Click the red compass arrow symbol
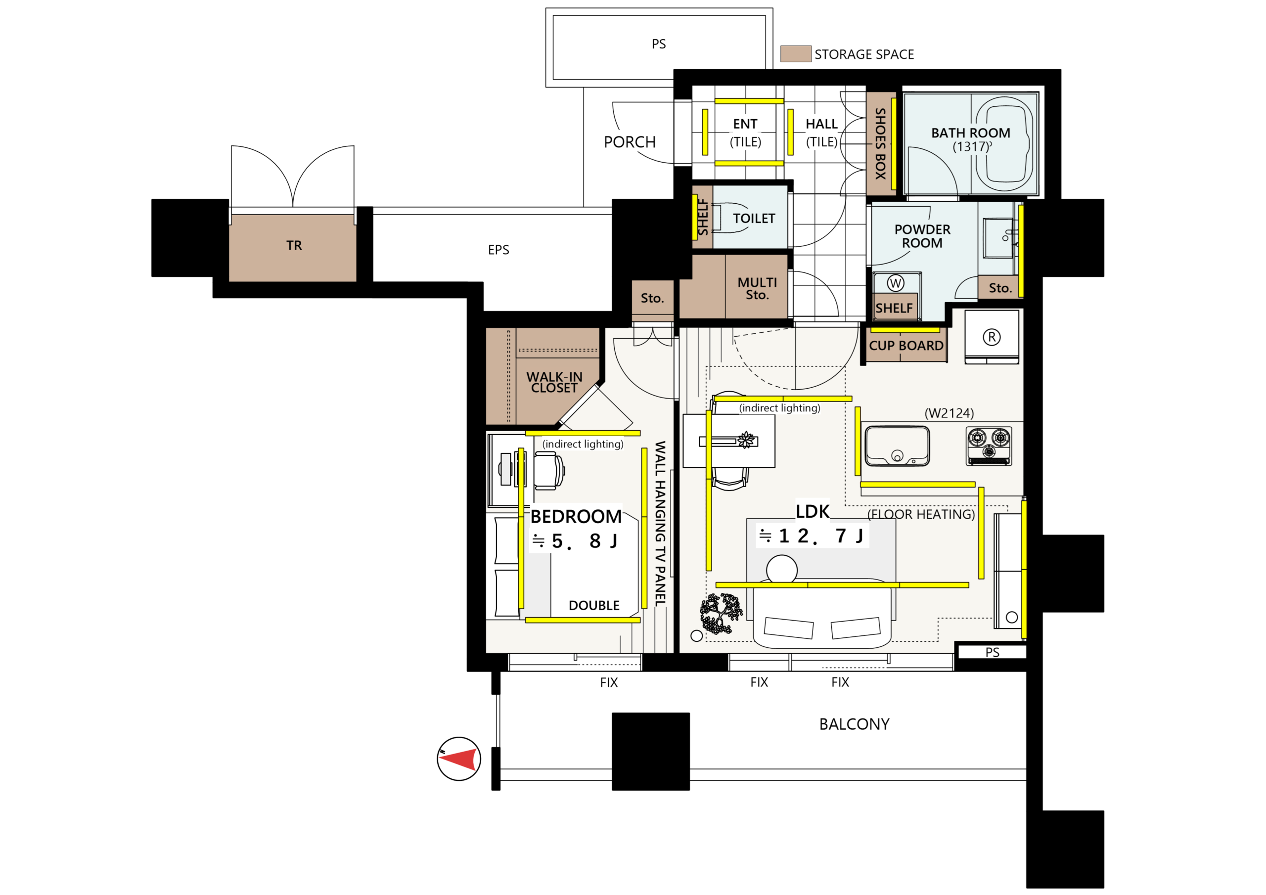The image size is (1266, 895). click(457, 759)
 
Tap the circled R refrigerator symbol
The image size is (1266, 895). click(992, 337)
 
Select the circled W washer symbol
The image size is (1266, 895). click(896, 283)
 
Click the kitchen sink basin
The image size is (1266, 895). click(897, 445)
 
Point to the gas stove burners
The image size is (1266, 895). click(989, 446)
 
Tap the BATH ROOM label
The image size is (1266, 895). click(970, 133)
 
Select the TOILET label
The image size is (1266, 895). click(754, 219)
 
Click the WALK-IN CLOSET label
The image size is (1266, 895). click(554, 382)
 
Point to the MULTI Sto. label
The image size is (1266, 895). click(757, 288)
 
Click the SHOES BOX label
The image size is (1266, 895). click(880, 143)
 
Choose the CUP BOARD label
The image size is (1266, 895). click(906, 346)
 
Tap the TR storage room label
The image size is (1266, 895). click(294, 245)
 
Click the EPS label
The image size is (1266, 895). click(498, 250)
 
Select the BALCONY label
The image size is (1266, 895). click(854, 724)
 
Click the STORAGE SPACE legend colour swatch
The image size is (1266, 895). click(796, 53)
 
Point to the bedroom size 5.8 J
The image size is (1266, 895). click(575, 541)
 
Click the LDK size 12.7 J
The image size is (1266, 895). click(812, 536)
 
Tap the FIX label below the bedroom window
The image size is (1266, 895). click(609, 682)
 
